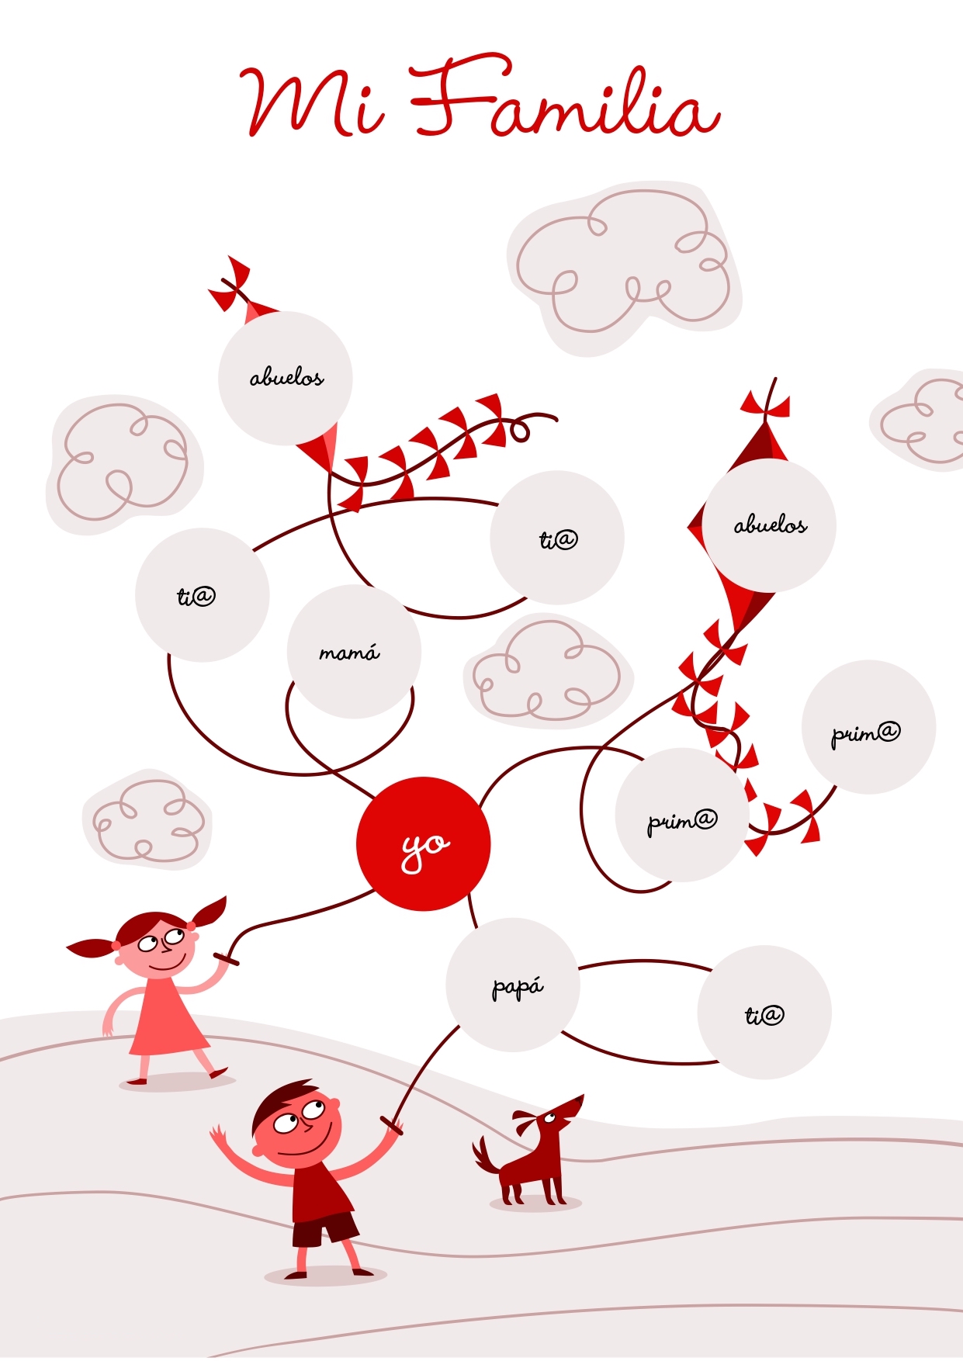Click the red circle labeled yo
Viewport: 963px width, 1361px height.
click(424, 843)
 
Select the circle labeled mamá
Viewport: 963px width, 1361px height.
click(354, 652)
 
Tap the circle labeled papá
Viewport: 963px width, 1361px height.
click(513, 985)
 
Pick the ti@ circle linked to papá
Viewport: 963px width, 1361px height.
click(764, 1012)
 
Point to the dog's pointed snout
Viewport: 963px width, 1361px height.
click(575, 1104)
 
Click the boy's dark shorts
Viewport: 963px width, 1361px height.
click(324, 1228)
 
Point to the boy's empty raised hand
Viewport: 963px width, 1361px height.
click(218, 1133)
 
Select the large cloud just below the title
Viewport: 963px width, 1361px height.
click(625, 268)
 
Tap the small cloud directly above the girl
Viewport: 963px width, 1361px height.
click(147, 819)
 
